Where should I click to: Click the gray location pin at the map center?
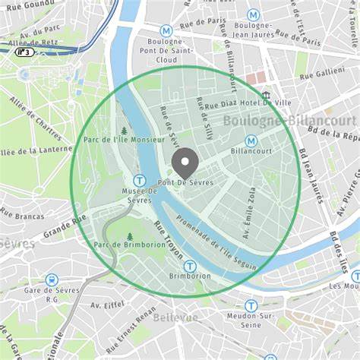tap(185, 162)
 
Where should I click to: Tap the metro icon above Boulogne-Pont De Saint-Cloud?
tap(166, 30)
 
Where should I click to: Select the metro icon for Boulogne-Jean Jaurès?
tap(253, 15)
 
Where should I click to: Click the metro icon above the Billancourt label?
tap(251, 141)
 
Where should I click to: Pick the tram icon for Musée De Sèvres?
tap(140, 181)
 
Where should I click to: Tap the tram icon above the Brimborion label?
tap(190, 267)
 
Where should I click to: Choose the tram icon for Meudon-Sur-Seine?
tap(251, 305)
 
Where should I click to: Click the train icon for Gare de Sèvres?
tap(52, 280)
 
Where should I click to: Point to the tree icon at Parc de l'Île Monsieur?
tap(124, 131)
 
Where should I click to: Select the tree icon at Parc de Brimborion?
tap(130, 236)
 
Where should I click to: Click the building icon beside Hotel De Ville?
tap(266, 96)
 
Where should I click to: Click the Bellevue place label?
tap(175, 317)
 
